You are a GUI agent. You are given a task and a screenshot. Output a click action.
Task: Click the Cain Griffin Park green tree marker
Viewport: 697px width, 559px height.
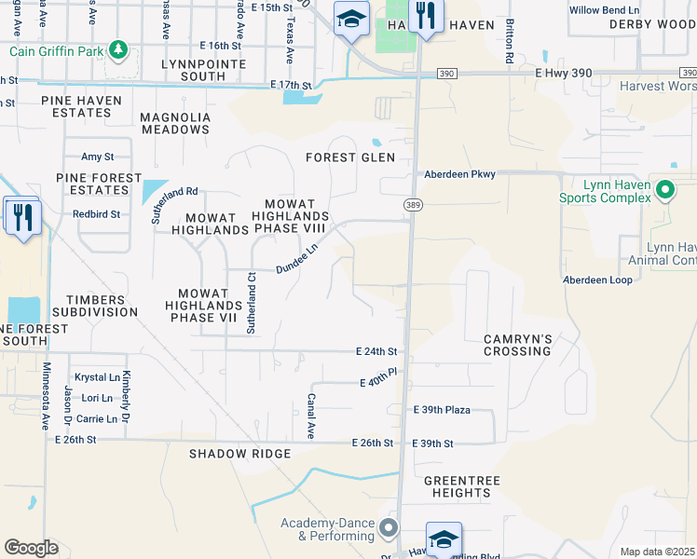click(117, 49)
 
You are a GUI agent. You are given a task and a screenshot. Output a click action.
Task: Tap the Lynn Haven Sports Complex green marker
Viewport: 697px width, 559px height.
click(663, 190)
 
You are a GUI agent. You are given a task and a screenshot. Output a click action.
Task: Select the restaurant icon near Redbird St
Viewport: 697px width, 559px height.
click(20, 217)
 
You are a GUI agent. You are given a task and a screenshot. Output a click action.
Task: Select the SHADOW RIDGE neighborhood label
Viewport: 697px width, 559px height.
click(239, 454)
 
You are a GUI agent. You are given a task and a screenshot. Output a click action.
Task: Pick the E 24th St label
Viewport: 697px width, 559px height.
click(376, 352)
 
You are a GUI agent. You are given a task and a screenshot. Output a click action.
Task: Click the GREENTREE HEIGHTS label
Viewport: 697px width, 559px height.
click(457, 486)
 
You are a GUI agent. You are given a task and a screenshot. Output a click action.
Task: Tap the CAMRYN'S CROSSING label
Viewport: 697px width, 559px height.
click(517, 345)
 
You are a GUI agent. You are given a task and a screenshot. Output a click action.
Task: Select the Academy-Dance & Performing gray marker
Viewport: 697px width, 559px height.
click(388, 529)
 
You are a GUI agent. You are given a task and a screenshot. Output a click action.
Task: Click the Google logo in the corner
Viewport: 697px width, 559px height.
click(31, 547)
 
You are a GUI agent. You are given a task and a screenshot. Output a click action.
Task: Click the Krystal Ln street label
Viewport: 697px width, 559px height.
click(97, 377)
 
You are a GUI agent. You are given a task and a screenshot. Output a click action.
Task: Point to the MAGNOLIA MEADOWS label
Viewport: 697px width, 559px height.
click(174, 123)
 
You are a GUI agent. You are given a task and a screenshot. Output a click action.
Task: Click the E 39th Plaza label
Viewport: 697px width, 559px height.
click(442, 410)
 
